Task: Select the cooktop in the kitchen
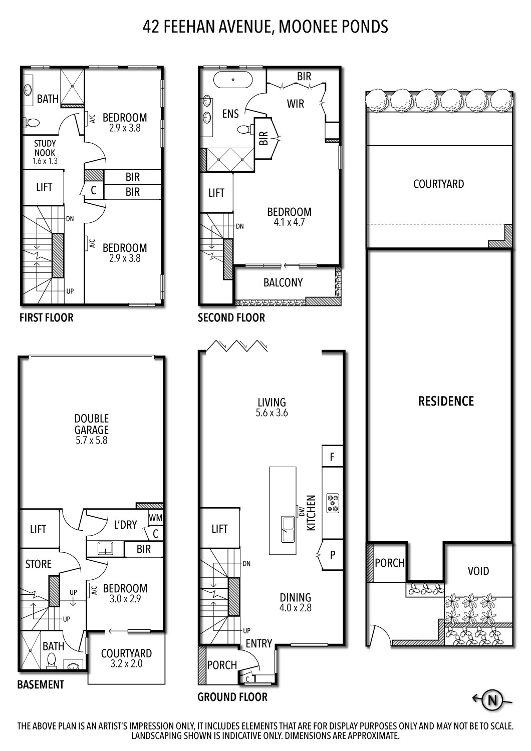[333, 503]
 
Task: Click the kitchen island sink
[287, 529]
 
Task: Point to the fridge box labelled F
[332, 457]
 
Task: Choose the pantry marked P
[332, 555]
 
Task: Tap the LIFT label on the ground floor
[219, 529]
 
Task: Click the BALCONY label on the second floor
[283, 282]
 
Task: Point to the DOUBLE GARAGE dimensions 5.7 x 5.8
[92, 441]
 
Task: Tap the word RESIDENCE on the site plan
[446, 401]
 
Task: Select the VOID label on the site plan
[478, 571]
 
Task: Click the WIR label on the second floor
[296, 104]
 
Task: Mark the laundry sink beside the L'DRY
[105, 548]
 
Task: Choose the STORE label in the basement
[39, 564]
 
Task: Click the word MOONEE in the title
[306, 26]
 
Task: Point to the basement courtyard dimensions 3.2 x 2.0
[126, 664]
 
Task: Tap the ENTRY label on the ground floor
[259, 643]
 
